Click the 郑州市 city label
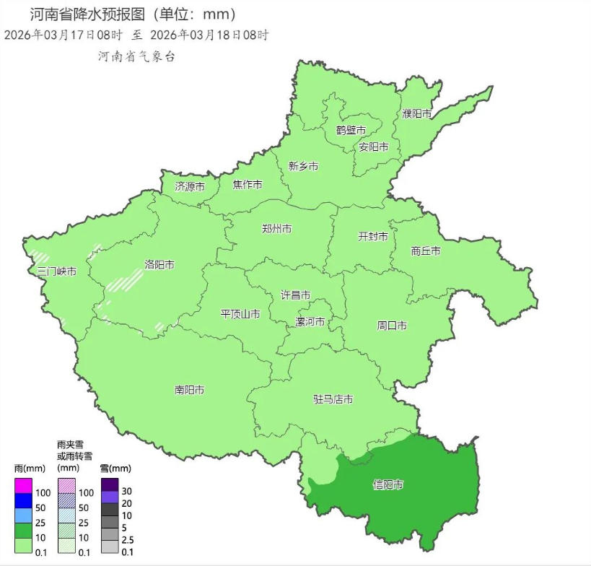tap(277, 229)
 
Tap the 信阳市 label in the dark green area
tap(388, 484)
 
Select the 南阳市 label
tap(189, 390)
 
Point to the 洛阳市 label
tap(159, 265)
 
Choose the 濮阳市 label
tap(417, 114)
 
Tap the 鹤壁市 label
tap(351, 130)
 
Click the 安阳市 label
tap(374, 147)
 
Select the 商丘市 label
tap(426, 251)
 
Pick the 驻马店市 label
tap(333, 399)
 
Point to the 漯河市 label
tap(310, 321)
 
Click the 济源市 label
tap(190, 186)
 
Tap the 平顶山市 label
tap(240, 314)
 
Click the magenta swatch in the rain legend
tap(23, 486)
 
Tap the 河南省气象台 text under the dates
tap(137, 56)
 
